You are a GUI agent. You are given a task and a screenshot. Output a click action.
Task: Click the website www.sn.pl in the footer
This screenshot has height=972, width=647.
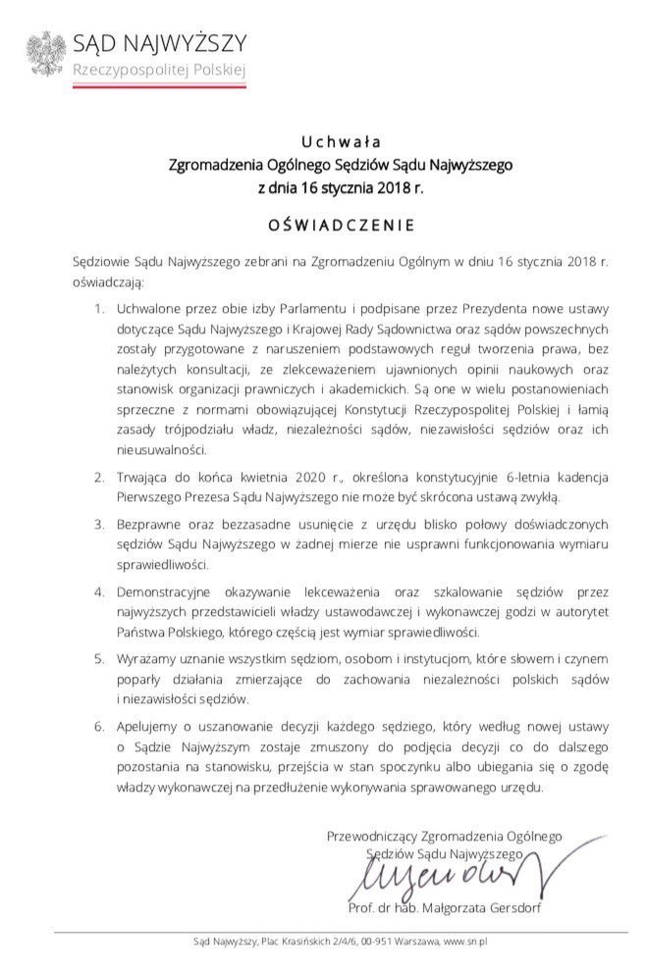point(466,942)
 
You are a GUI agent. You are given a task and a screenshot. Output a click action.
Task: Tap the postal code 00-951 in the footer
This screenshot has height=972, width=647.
point(368,942)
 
